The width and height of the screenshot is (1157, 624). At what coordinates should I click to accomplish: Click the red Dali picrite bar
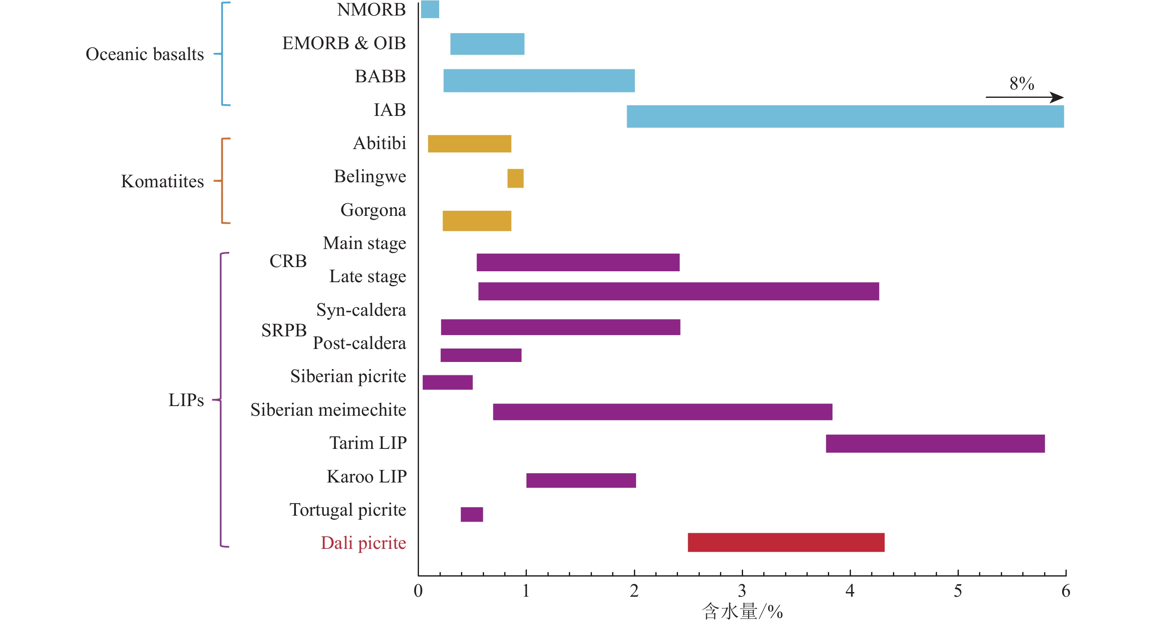coord(785,542)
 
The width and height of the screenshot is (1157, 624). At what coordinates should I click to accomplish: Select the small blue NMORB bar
coord(429,9)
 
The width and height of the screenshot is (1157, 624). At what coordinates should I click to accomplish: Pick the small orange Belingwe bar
coord(515,178)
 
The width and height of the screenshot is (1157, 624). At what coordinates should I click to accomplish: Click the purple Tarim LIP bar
coord(934,443)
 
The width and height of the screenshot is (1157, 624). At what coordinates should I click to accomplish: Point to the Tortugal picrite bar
coord(471,514)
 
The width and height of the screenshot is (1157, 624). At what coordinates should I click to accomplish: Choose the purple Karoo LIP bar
coord(581,480)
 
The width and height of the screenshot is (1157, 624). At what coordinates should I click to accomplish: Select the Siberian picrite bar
coord(448,382)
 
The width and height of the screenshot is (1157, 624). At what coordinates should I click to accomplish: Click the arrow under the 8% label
coord(1024,97)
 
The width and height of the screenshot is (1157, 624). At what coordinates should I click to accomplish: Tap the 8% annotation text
coord(1021,84)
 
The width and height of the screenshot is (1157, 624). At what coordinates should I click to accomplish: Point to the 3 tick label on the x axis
coord(742,591)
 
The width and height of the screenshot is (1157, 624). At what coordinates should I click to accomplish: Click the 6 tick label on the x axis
coord(1065,591)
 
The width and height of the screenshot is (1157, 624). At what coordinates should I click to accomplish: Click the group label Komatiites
coord(162,181)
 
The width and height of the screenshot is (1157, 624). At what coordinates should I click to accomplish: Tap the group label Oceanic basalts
coord(144,54)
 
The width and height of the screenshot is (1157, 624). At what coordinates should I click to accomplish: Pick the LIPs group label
coord(186,400)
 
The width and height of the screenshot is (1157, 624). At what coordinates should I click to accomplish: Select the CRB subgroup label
coord(288,261)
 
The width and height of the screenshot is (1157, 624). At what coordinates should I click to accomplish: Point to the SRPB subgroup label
coord(284,330)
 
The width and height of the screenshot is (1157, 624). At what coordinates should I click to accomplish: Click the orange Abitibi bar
coord(469,144)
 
